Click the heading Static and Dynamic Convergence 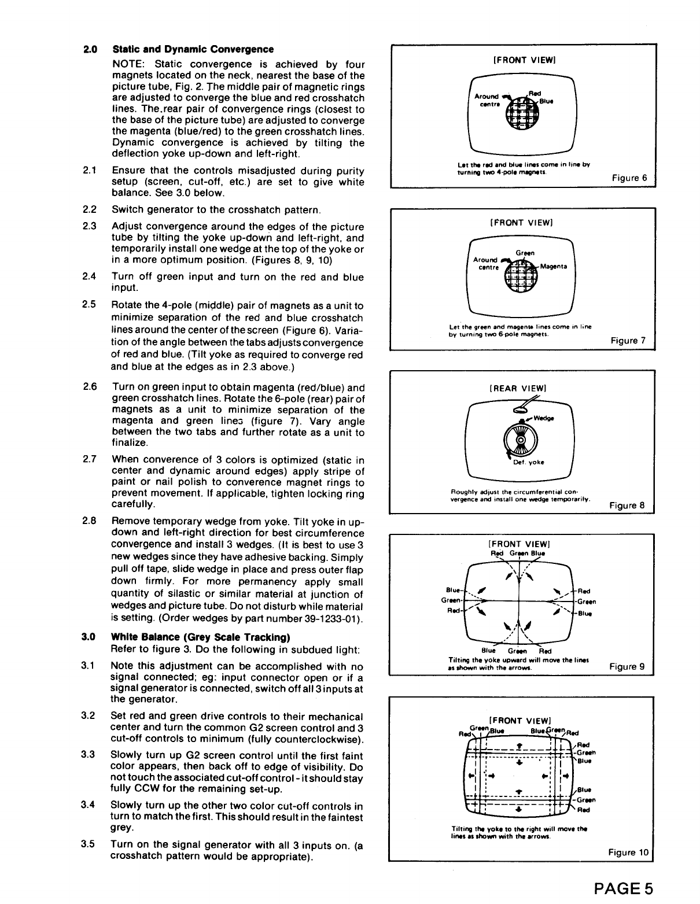coord(193,49)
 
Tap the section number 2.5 coord(89,305)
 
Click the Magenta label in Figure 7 coord(554,266)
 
